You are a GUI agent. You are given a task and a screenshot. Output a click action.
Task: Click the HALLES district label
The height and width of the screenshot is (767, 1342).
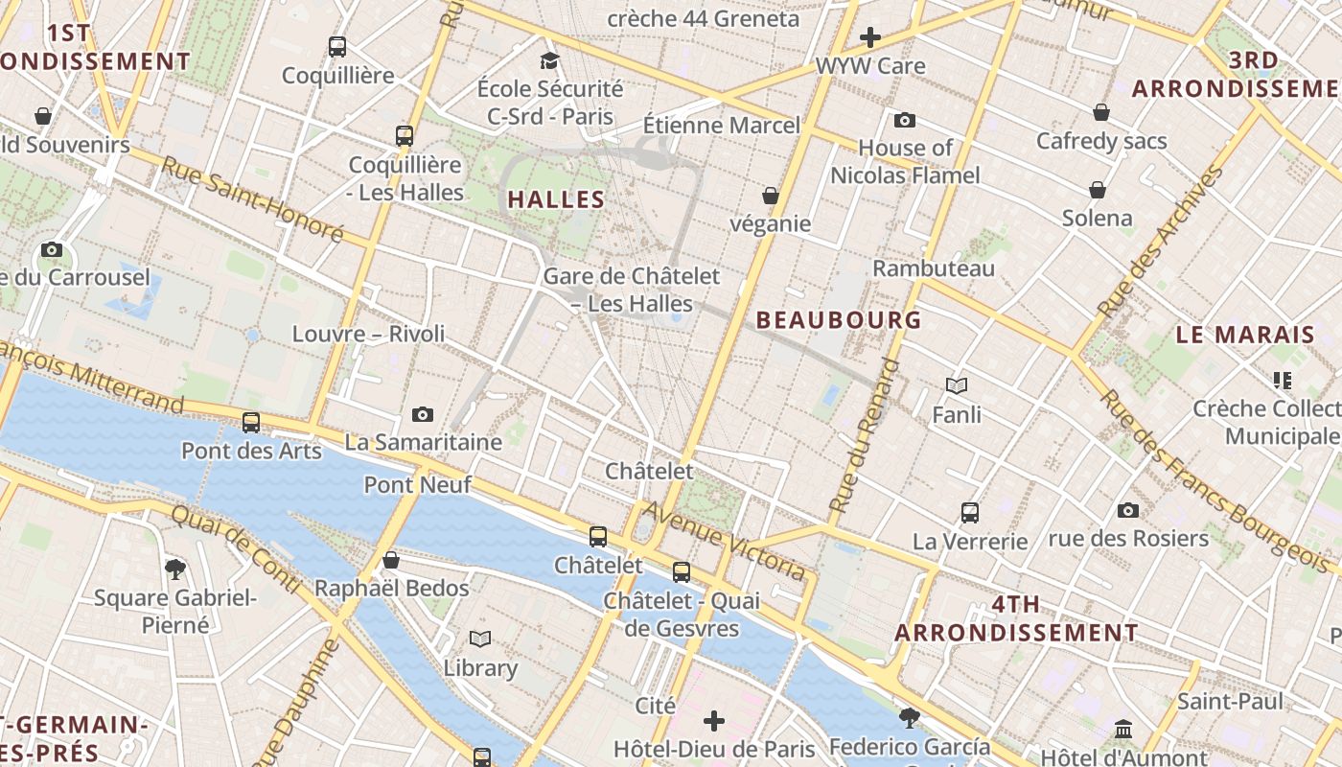pos(556,200)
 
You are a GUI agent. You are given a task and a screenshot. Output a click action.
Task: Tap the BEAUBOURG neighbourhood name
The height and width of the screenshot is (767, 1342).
pos(839,320)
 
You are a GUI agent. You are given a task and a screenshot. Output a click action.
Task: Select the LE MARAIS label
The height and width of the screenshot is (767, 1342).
pos(1245,336)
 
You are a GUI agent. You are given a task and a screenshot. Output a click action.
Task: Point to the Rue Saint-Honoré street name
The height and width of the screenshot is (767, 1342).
pos(252,198)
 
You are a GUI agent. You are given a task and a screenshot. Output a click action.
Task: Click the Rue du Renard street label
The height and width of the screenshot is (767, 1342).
pos(865,433)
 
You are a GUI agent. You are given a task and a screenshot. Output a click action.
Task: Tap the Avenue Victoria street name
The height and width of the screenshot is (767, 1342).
pos(724,540)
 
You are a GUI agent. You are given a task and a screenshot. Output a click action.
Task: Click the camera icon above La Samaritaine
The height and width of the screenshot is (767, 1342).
pos(423,414)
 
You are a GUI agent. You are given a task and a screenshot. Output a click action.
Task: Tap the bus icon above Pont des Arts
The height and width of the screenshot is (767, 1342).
pos(251,422)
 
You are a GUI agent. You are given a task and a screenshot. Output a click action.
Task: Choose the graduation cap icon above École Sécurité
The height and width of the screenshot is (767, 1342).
pos(549,61)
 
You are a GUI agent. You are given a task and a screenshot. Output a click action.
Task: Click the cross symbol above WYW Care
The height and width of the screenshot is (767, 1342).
pos(870,37)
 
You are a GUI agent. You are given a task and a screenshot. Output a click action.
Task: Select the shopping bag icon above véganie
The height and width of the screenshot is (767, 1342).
pos(770,196)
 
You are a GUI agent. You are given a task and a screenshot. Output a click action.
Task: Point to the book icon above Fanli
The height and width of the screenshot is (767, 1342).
pos(957,385)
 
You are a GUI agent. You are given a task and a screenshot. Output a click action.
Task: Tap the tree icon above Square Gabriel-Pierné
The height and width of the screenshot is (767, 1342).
pos(175,569)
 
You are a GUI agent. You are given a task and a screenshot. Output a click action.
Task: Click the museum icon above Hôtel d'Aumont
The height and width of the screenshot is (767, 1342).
pos(1123,730)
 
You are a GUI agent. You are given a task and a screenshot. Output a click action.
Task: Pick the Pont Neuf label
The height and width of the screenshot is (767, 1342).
pos(417,485)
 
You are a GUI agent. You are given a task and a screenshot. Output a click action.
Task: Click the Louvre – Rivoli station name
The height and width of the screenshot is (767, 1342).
pos(369,334)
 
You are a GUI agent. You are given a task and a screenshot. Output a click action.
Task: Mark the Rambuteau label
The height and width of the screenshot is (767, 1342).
pos(934,268)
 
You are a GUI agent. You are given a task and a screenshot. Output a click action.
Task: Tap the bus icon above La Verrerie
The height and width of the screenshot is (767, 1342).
pos(970,512)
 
